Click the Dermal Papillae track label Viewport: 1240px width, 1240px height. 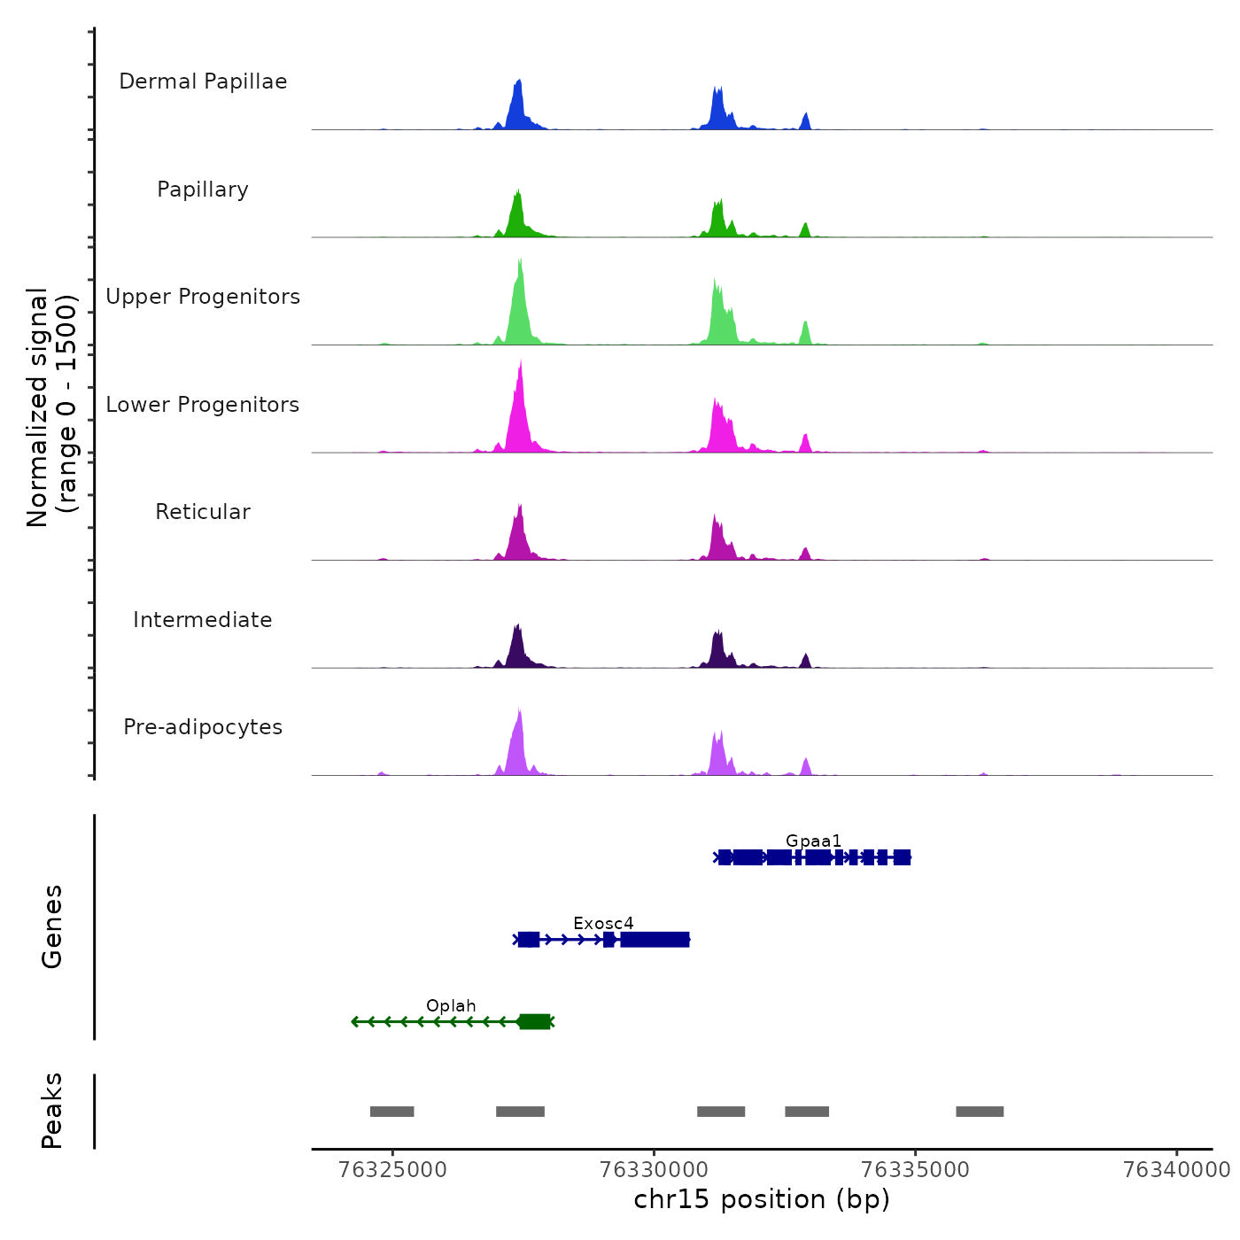pyautogui.click(x=203, y=81)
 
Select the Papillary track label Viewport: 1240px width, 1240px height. pyautogui.click(x=203, y=190)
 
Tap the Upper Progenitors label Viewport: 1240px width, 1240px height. pyautogui.click(x=203, y=297)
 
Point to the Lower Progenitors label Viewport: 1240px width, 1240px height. pyautogui.click(x=203, y=405)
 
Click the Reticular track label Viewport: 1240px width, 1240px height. pyautogui.click(x=203, y=512)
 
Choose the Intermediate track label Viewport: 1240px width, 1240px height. pyautogui.click(x=203, y=620)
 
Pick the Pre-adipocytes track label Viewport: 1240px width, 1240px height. pyautogui.click(x=203, y=727)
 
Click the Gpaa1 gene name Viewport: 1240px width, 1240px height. pyautogui.click(x=813, y=841)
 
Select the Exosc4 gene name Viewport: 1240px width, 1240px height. pyautogui.click(x=603, y=923)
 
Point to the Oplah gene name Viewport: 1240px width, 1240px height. pyautogui.click(x=451, y=1005)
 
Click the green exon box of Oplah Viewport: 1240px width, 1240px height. pyautogui.click(x=534, y=1022)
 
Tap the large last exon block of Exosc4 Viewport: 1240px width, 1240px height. pyautogui.click(x=655, y=940)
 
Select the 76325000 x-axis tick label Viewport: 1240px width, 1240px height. pyautogui.click(x=392, y=1170)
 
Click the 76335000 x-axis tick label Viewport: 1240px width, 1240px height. pyautogui.click(x=915, y=1170)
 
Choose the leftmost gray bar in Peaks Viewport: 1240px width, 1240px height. pyautogui.click(x=391, y=1112)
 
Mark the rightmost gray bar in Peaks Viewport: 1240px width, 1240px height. pyautogui.click(x=979, y=1112)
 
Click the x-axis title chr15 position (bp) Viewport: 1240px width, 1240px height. pyautogui.click(x=762, y=1199)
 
